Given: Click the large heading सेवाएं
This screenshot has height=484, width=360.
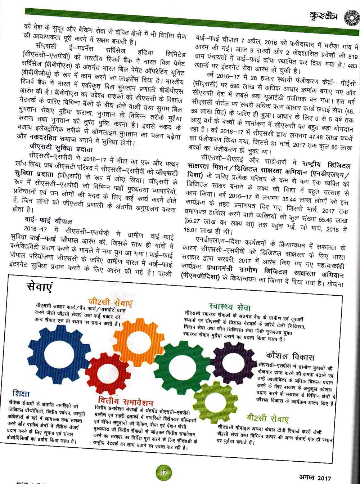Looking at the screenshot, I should [x=40, y=288].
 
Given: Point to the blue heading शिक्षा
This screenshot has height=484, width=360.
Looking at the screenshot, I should [x=21, y=393].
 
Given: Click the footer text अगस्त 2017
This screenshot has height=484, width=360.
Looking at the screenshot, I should [x=316, y=478].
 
